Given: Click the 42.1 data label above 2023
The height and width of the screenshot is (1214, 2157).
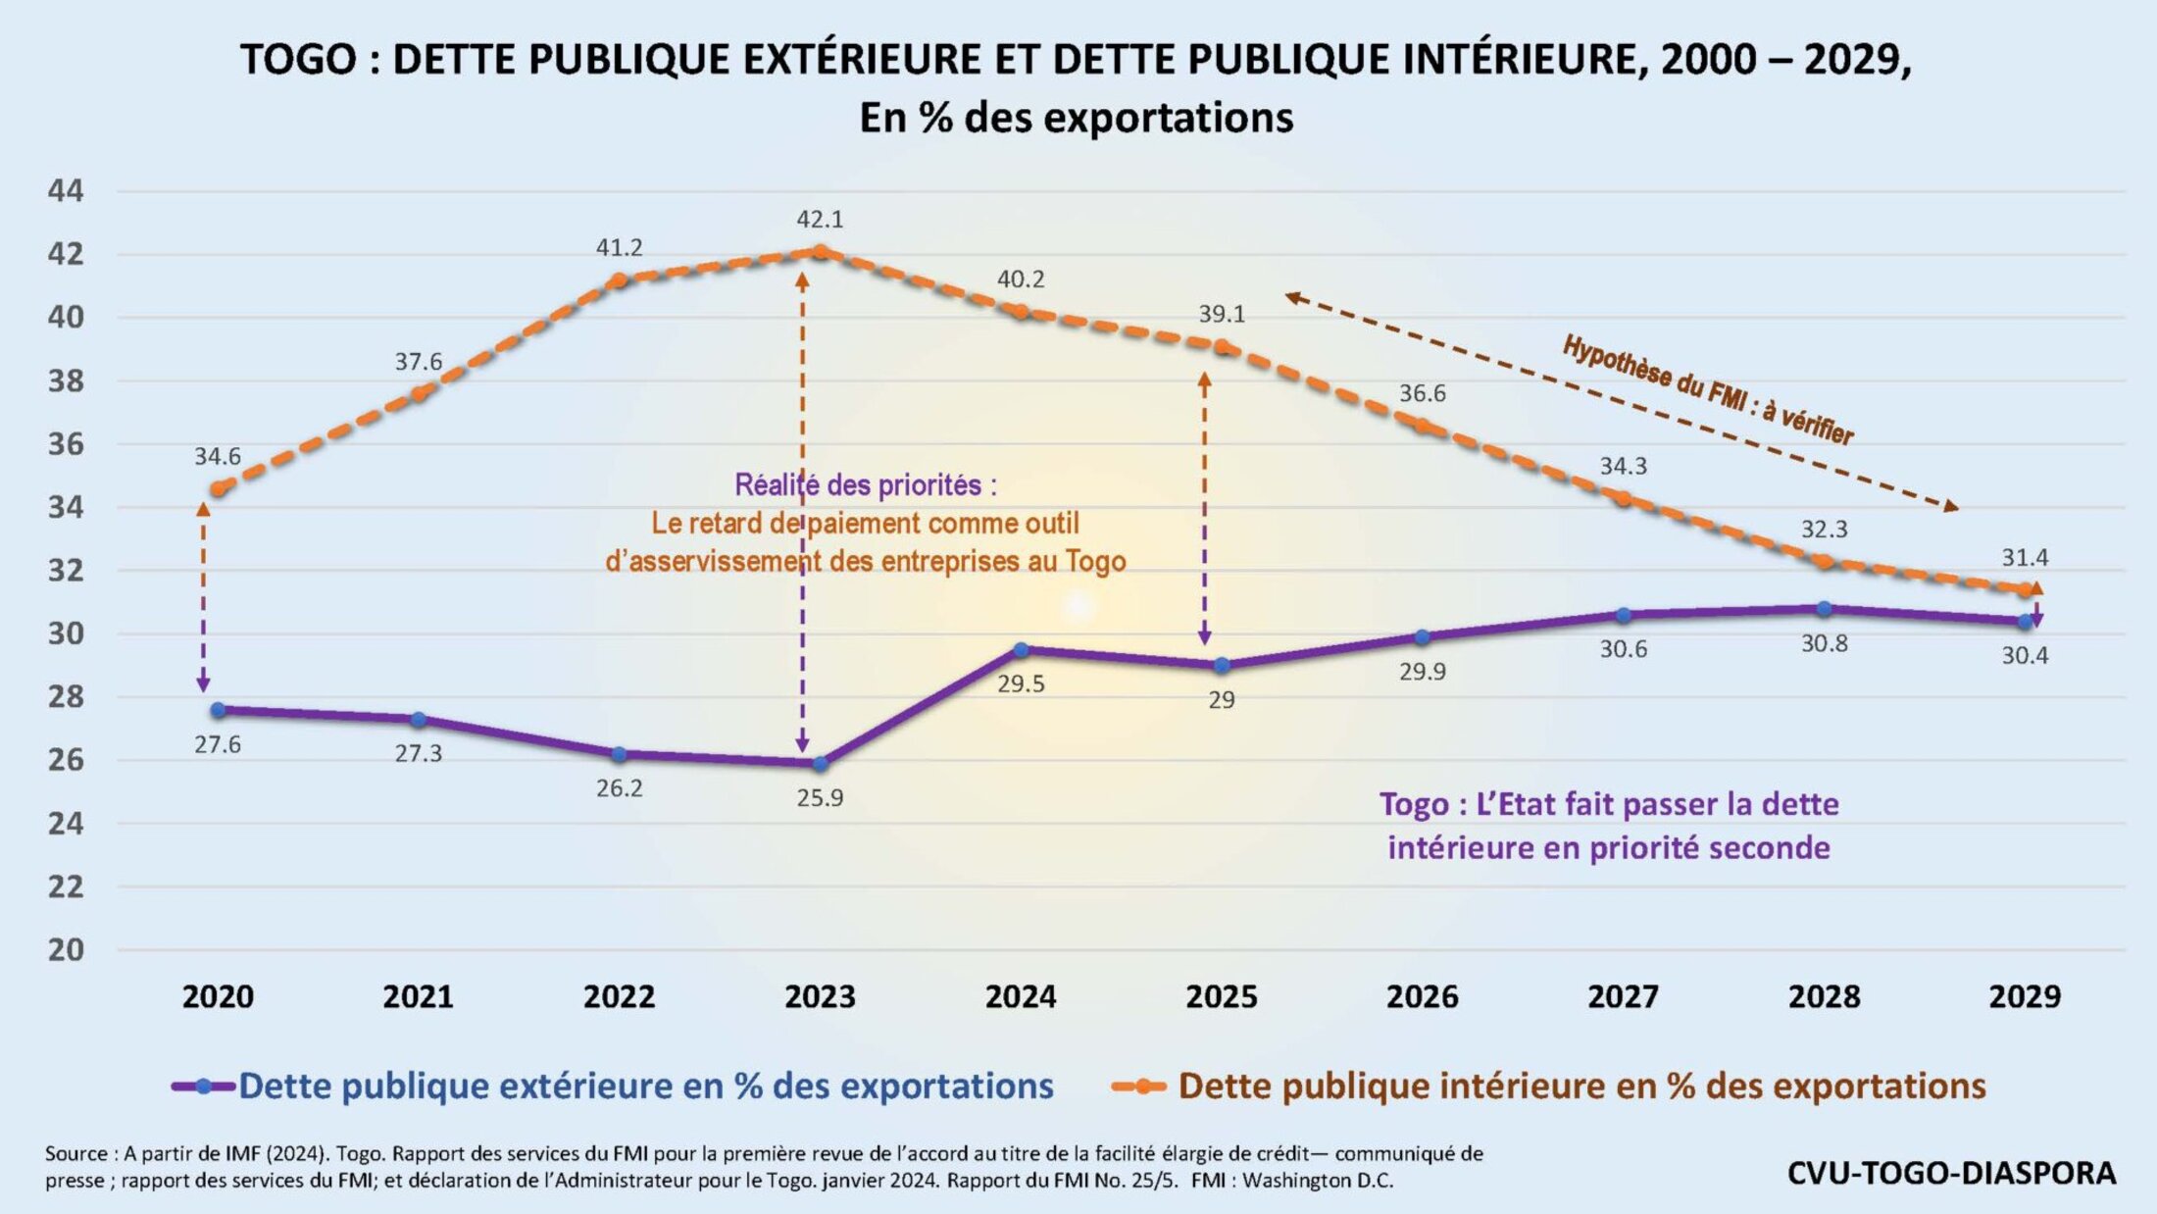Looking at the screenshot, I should pos(820,220).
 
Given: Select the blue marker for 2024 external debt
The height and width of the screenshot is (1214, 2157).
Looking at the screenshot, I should pos(1021,649).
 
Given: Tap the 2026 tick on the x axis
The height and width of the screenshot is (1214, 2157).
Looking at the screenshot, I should pos(1422,997).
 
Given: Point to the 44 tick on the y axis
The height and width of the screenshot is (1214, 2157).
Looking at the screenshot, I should pos(66,191).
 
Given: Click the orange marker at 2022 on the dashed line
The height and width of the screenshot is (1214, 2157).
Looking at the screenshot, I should pos(619,280).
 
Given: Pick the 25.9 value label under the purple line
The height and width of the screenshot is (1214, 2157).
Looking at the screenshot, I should pos(820,798).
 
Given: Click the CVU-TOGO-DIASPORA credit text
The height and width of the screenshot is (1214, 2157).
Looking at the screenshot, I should pos(1951,1173).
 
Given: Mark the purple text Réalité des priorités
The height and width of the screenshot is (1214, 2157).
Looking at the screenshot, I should pos(865,485).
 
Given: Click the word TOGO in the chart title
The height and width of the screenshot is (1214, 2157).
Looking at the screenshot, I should pos(298,60).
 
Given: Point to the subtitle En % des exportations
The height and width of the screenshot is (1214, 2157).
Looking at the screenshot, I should pos(1076,118).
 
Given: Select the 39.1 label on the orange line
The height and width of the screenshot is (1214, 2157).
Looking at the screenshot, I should pos(1222,315).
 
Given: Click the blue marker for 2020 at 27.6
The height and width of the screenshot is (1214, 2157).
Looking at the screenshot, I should pos(218,710).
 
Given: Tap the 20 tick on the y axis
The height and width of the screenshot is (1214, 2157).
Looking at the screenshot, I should pos(66,950).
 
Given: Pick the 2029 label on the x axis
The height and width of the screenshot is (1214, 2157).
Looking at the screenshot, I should pos(2025,997).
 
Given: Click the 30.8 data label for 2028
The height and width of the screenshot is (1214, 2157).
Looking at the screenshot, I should pos(1824,644).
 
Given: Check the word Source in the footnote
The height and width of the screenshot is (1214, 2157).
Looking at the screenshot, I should pos(75,1154).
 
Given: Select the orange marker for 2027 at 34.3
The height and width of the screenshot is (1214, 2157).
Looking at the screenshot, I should pos(1624,499).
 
